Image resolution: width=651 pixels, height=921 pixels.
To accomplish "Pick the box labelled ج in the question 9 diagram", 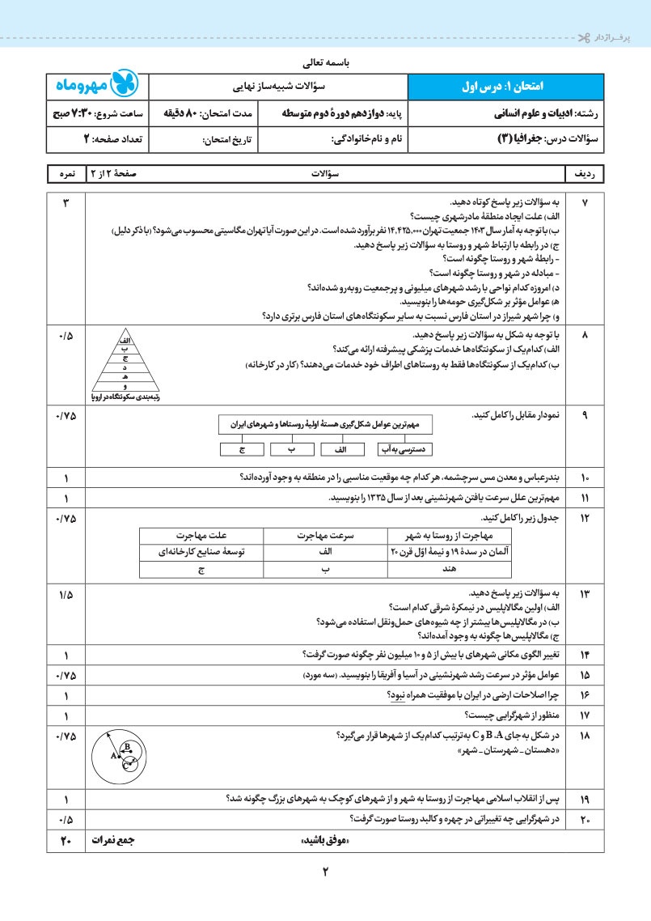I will [x=242, y=448].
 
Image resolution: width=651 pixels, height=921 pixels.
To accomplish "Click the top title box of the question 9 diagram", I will [x=326, y=424].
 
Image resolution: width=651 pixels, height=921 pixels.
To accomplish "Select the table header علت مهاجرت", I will [x=202, y=535].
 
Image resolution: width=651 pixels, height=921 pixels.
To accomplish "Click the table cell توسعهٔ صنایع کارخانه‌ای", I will [x=202, y=552].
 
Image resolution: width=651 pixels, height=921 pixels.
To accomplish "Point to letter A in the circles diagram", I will [x=114, y=755].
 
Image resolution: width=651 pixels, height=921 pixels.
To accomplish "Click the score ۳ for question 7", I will [x=66, y=200].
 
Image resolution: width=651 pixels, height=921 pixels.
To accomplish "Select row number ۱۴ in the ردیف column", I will [x=585, y=654].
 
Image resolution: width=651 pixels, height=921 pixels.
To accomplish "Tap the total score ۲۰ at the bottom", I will [x=66, y=841].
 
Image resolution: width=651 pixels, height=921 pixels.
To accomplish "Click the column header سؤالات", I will [x=326, y=174].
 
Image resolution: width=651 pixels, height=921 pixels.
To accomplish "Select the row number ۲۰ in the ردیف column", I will [x=585, y=819].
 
